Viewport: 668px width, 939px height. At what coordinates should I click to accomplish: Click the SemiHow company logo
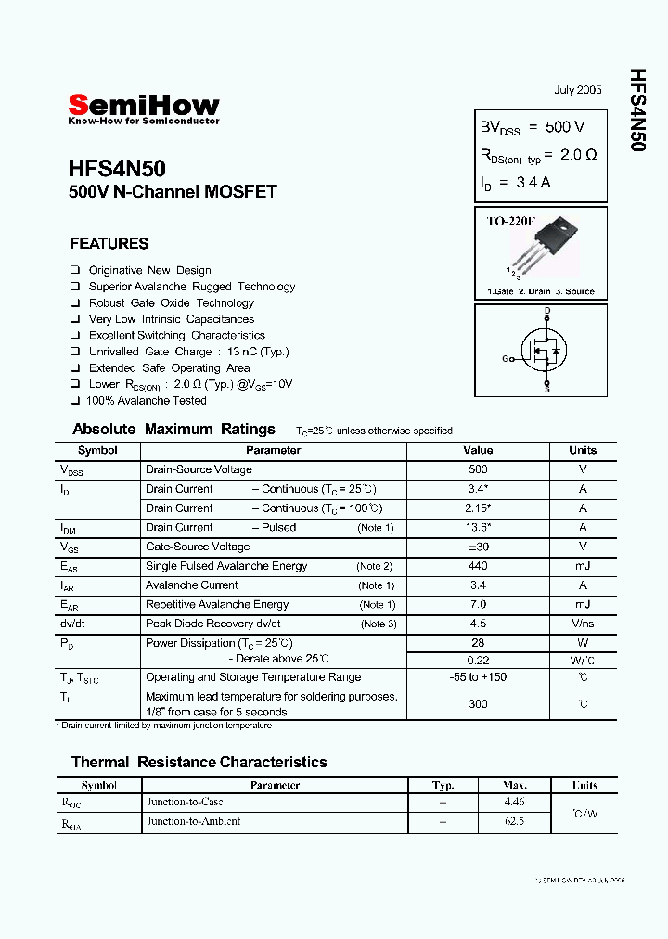coord(144,108)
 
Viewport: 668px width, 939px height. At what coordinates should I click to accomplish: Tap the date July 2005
coord(577,90)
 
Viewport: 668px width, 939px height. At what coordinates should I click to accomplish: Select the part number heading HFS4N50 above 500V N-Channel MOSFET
coord(117,169)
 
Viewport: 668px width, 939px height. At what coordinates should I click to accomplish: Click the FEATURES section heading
coord(109,244)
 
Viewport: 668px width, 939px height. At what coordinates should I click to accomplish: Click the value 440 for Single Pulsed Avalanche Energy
coord(478,566)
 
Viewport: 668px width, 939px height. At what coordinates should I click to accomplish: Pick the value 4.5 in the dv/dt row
coord(478,624)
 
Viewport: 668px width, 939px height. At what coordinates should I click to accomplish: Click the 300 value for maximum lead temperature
coord(478,704)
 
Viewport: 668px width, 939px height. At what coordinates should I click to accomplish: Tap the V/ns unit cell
coord(583,624)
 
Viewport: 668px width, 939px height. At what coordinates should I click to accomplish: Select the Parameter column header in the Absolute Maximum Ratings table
coord(273,450)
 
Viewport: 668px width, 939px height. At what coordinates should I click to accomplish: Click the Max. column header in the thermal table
coord(514,785)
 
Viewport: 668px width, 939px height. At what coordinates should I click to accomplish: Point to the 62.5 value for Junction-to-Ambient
coord(514,821)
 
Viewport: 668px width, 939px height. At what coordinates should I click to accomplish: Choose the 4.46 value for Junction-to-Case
coord(514,802)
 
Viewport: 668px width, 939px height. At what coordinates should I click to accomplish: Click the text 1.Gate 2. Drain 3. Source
coord(541,291)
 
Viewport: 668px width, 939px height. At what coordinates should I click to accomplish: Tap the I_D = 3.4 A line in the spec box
coord(516,183)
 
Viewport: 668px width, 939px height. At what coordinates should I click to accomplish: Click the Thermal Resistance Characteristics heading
coord(199,762)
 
